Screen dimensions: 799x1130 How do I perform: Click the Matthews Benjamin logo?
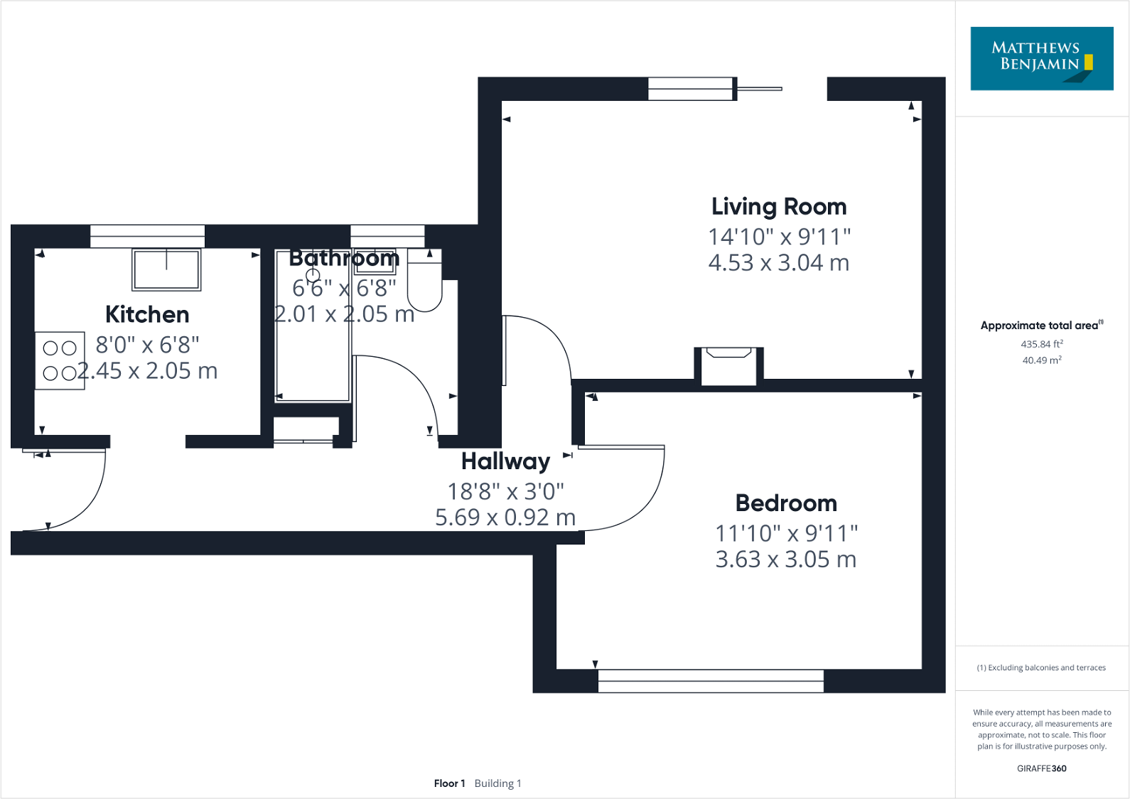[x=1041, y=58]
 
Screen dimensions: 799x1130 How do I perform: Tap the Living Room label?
[x=779, y=207]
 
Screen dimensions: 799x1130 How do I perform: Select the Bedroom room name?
[x=786, y=503]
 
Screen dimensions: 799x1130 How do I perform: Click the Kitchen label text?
[x=147, y=314]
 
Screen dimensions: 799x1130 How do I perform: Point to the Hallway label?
[x=505, y=461]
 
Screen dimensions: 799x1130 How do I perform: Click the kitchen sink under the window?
[x=166, y=269]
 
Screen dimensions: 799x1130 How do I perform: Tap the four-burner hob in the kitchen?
[x=60, y=360]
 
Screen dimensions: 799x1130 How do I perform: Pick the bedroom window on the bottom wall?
[x=711, y=681]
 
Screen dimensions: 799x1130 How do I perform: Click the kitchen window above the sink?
[x=147, y=236]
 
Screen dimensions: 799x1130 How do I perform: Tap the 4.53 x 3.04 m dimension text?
[x=779, y=263]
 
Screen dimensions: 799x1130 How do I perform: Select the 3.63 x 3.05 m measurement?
[x=786, y=559]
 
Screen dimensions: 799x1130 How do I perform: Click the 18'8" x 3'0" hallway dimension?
[x=505, y=491]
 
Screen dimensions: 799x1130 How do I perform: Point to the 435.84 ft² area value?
[x=1042, y=344]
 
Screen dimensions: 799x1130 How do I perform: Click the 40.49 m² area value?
[x=1042, y=360]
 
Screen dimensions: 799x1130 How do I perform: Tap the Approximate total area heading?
[x=1040, y=326]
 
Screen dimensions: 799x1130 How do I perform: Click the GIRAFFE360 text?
[x=1041, y=768]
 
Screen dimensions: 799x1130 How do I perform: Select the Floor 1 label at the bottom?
[x=449, y=783]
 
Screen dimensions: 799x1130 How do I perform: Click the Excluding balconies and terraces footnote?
[x=1041, y=667]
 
